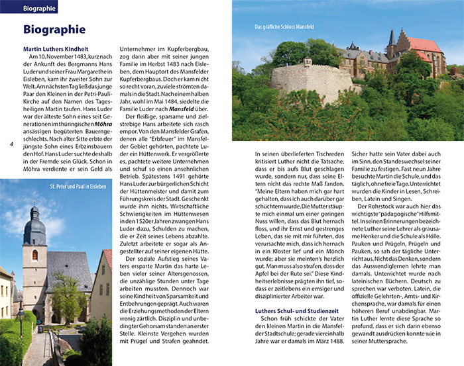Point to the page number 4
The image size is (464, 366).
[11, 144]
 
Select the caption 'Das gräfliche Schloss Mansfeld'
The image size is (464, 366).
[284, 27]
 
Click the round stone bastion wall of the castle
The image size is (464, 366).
[312, 83]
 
